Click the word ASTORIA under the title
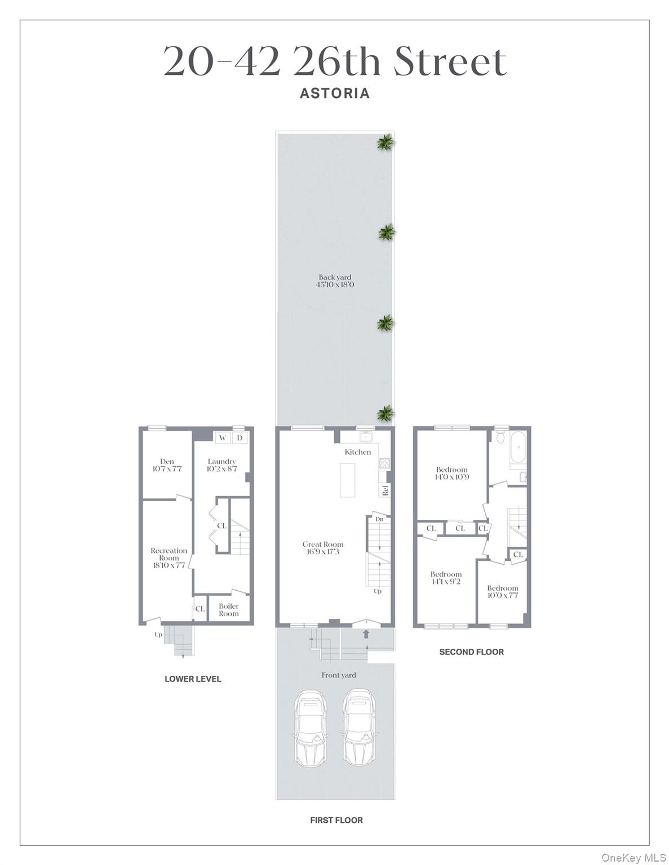coord(334,93)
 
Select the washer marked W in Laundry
coord(223,438)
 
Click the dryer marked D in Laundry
coord(240,438)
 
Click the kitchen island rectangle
coord(348,480)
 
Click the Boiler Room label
coord(229,610)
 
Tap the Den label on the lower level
coord(167,461)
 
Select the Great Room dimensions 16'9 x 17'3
coord(323,552)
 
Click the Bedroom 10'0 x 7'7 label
coord(502,592)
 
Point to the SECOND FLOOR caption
coord(471,652)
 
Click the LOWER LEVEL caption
coord(193,679)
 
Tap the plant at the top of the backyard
coord(386,143)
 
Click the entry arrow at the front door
coord(366,634)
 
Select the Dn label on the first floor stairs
coord(379,519)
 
